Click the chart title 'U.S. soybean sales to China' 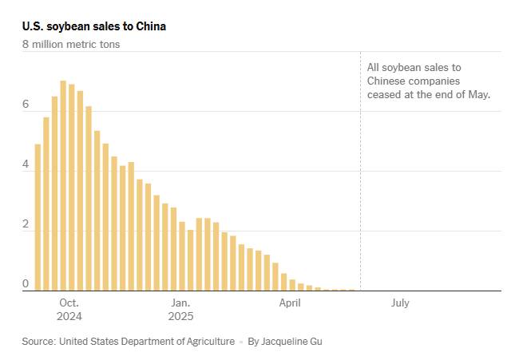(x=94, y=26)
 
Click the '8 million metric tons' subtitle (x=71, y=45)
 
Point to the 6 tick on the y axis (x=26, y=104)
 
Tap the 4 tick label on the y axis (x=26, y=164)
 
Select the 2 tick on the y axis (x=26, y=224)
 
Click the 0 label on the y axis (x=26, y=283)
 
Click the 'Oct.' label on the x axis (x=69, y=303)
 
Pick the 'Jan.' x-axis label (x=180, y=303)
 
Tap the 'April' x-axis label (x=290, y=303)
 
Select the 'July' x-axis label (x=400, y=303)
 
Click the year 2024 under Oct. (x=69, y=316)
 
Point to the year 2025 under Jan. (x=180, y=316)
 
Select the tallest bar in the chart (x=63, y=186)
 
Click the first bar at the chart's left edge (x=38, y=217)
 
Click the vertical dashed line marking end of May (x=360, y=172)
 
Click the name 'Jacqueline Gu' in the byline (x=292, y=342)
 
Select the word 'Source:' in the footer (x=38, y=342)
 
